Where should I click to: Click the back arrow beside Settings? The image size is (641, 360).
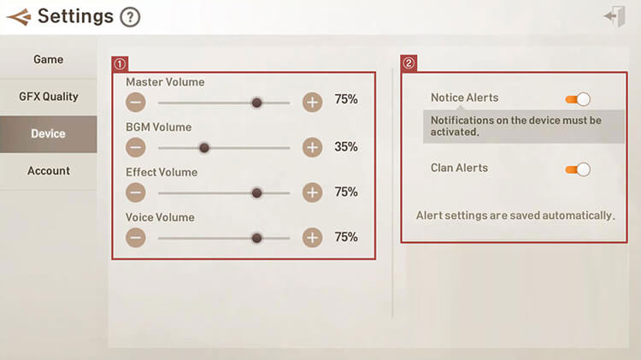pyautogui.click(x=19, y=17)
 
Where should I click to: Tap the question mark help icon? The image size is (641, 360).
pyautogui.click(x=130, y=17)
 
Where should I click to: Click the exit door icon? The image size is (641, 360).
pyautogui.click(x=615, y=16)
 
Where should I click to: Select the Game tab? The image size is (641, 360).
pyautogui.click(x=48, y=60)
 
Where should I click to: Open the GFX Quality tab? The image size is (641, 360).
pyautogui.click(x=48, y=97)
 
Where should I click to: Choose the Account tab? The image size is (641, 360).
pyautogui.click(x=48, y=171)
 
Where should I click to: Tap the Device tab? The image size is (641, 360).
pyautogui.click(x=48, y=133)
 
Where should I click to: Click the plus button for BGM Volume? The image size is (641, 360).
pyautogui.click(x=312, y=147)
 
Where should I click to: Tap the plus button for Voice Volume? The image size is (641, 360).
pyautogui.click(x=312, y=238)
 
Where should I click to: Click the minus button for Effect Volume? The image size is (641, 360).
pyautogui.click(x=136, y=192)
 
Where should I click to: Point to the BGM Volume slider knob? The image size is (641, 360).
pyautogui.click(x=204, y=148)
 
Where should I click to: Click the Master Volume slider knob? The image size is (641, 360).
pyautogui.click(x=256, y=103)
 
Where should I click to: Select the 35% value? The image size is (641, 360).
pyautogui.click(x=346, y=147)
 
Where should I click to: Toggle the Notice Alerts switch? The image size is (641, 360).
pyautogui.click(x=578, y=99)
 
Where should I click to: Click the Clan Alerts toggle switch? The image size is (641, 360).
pyautogui.click(x=578, y=169)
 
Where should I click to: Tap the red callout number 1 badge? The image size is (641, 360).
pyautogui.click(x=120, y=64)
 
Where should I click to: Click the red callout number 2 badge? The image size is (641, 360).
pyautogui.click(x=409, y=63)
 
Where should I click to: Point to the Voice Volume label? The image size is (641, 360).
pyautogui.click(x=160, y=218)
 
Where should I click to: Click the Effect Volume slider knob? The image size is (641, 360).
pyautogui.click(x=256, y=192)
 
